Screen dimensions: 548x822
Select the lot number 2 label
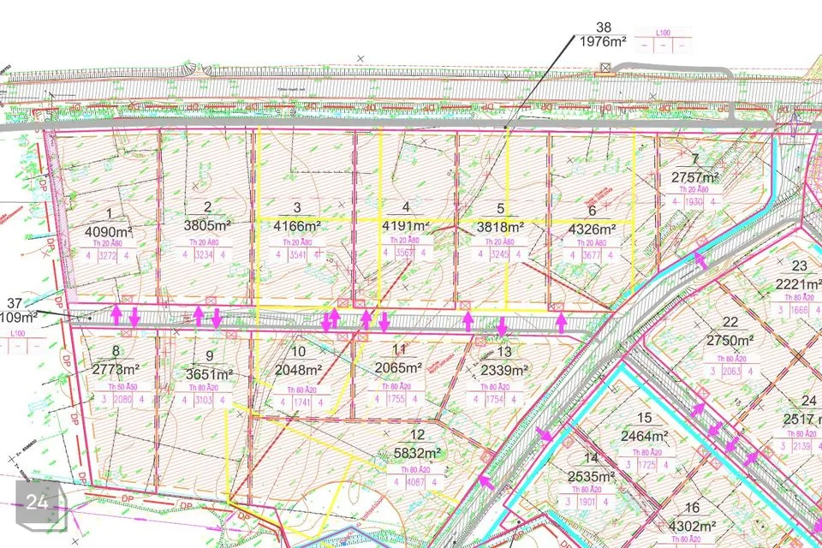point(208,207)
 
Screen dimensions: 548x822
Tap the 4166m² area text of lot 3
point(297,227)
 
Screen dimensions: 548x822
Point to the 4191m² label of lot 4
point(405,227)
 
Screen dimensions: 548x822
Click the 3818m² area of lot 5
point(500,228)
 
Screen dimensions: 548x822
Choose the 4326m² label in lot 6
point(592,229)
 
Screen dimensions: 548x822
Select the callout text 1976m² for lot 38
point(604,40)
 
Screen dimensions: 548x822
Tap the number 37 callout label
point(14,303)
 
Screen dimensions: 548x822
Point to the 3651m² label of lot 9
point(209,374)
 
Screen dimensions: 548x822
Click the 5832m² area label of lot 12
point(417,454)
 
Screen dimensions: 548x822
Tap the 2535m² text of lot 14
point(592,477)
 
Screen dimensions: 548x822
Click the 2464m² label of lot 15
point(645,435)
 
